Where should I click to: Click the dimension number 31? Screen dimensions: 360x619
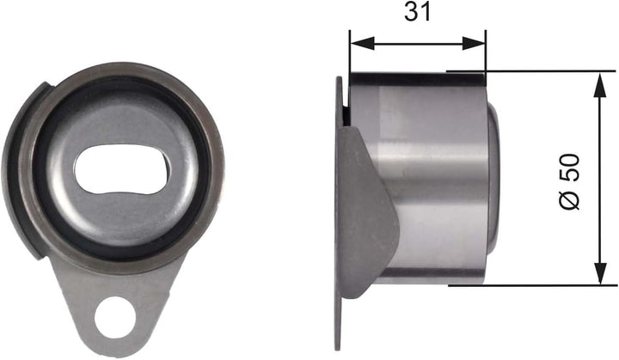point(417,12)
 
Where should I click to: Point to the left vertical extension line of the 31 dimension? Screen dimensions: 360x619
point(349,52)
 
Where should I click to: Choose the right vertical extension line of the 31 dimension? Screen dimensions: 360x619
point(486,52)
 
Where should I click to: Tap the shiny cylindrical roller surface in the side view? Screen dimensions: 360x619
point(430,172)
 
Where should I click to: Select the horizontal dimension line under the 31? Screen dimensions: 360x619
point(417,41)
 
